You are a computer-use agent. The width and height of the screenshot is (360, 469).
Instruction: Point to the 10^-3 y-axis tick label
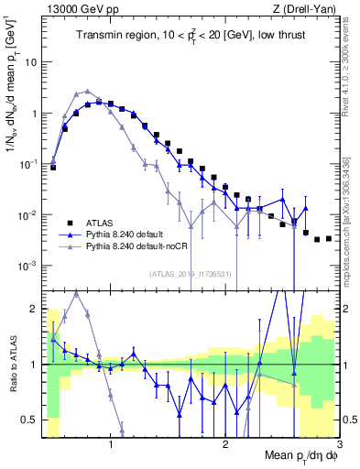point(30,265)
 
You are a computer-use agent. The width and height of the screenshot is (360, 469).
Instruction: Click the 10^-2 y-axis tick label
point(30,214)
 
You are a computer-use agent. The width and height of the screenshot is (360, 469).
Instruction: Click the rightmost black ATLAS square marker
point(328,238)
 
